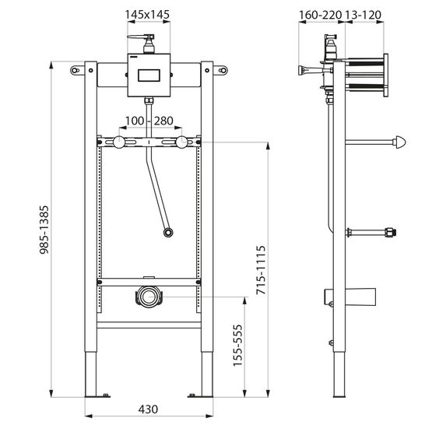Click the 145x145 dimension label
[x=147, y=14]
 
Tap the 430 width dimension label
[x=148, y=409]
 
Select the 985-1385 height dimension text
[x=44, y=230]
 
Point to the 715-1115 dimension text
[x=261, y=270]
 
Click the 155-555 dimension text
[x=237, y=346]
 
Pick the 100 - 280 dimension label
[x=149, y=121]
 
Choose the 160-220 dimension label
[x=320, y=15]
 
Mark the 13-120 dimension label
[x=364, y=15]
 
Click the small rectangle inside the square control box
[x=149, y=76]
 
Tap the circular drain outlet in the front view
[x=149, y=297]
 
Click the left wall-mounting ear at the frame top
[x=77, y=70]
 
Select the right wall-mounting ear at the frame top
[x=220, y=70]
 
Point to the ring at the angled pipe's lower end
[x=168, y=233]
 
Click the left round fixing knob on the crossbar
[x=119, y=142]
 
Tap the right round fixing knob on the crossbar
[x=181, y=142]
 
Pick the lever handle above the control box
[x=141, y=37]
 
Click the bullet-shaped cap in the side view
[x=400, y=142]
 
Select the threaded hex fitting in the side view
[x=391, y=232]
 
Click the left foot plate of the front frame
[x=97, y=396]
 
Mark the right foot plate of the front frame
[x=200, y=396]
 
